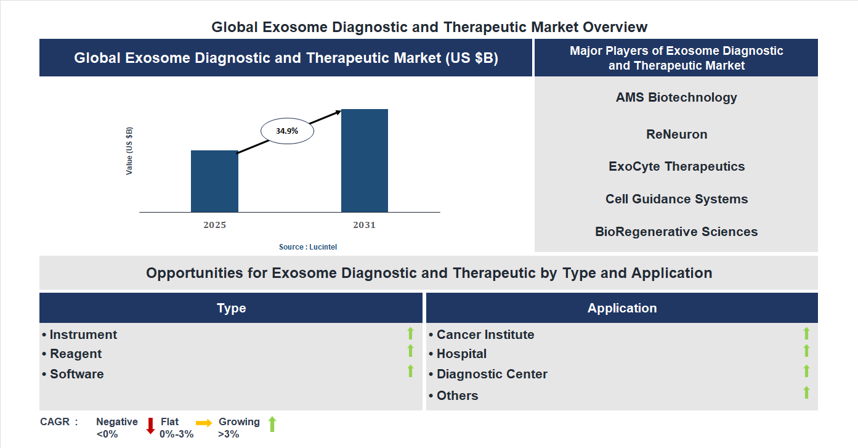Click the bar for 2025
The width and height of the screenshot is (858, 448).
point(214,181)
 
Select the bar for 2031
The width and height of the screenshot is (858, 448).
point(365,161)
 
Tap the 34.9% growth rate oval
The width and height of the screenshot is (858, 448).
point(287,131)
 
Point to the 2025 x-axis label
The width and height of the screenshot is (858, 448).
point(214,225)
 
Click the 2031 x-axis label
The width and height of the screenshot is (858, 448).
point(364,225)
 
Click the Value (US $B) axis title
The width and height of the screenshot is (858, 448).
point(129,151)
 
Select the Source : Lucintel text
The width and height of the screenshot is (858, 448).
point(308,246)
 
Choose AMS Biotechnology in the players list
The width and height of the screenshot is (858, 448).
point(676,97)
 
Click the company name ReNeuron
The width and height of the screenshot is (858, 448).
point(676,134)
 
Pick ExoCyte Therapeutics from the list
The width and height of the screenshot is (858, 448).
point(676,166)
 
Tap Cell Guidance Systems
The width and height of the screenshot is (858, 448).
point(676,199)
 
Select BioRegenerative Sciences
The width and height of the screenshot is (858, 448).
point(676,232)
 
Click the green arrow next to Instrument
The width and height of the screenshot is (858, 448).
point(410,333)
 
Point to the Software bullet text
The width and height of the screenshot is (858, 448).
point(76,374)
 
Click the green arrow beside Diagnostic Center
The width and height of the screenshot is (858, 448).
point(806,371)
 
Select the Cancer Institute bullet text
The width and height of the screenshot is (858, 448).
point(485,335)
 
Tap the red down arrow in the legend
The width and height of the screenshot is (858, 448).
point(150,426)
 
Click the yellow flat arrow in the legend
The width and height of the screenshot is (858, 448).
point(204,423)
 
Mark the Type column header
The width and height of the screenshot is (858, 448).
point(231,308)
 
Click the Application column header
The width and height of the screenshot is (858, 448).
point(621,308)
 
